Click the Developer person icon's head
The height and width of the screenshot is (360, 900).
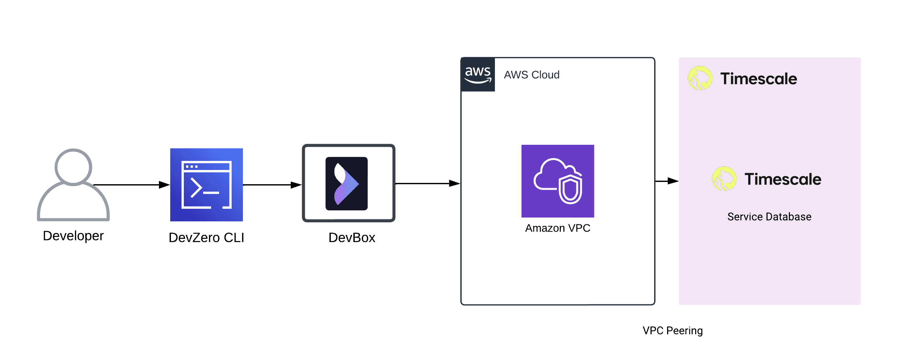[73, 167]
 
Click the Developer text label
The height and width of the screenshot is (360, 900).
[73, 236]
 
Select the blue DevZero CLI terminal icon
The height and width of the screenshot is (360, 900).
[206, 185]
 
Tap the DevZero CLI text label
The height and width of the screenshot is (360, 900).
[206, 238]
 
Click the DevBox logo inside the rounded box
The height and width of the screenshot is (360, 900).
[346, 184]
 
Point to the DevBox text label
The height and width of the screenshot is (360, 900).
[351, 238]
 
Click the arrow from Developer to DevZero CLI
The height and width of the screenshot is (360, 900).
[131, 185]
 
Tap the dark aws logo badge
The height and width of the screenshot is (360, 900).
[477, 74]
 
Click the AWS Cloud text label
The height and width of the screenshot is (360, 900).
[531, 75]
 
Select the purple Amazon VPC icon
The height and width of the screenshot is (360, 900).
[558, 181]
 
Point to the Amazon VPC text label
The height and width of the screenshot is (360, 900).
[558, 228]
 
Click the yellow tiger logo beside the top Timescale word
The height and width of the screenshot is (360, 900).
[700, 78]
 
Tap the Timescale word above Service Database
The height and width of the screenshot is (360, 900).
[783, 179]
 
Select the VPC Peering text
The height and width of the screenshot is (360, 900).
[673, 331]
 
